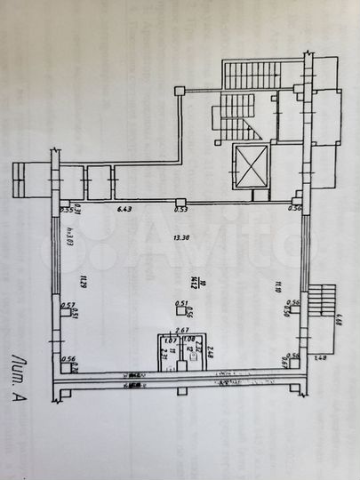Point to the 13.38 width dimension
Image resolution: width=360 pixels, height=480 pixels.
coord(182,237)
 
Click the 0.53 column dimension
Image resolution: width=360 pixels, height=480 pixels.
coord(180,211)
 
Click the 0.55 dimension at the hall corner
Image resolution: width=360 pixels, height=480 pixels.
coord(66,210)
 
